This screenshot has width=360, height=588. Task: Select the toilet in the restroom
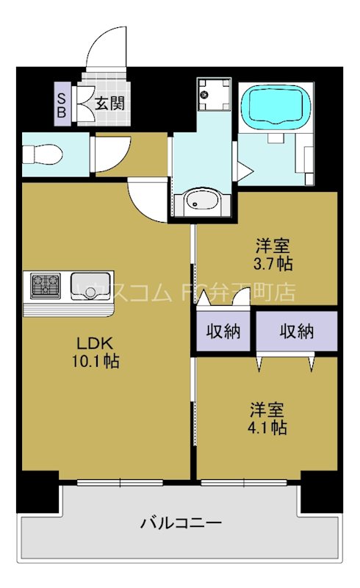pos(43,155)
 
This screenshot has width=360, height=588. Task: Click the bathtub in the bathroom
pos(275,107)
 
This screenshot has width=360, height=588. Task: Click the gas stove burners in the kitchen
pos(46,287)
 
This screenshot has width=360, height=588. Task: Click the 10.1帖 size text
pos(96,362)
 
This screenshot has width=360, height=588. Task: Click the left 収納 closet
pos(223,331)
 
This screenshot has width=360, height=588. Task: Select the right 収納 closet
pos(296,331)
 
